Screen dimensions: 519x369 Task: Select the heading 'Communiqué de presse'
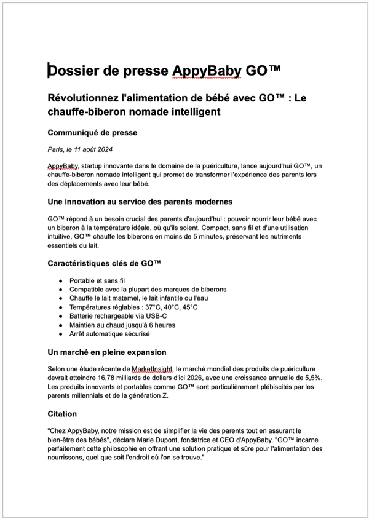[x=92, y=132]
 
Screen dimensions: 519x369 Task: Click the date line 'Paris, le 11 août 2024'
[x=80, y=149]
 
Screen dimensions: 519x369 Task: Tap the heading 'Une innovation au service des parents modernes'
[x=140, y=202]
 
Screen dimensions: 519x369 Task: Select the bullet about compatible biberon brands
[x=148, y=289]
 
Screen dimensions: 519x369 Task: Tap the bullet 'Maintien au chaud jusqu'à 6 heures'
[x=131, y=325]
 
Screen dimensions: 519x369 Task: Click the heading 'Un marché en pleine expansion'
[x=107, y=352]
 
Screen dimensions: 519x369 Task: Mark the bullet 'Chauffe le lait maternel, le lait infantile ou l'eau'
[x=147, y=298]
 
